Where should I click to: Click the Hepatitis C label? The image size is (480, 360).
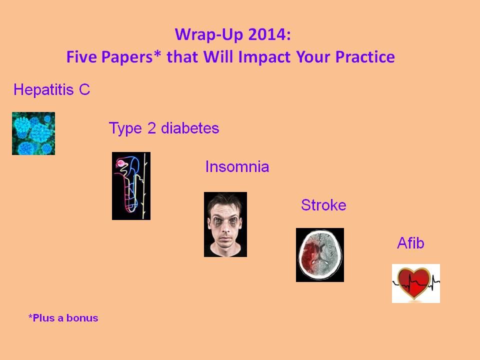pyautogui.click(x=51, y=90)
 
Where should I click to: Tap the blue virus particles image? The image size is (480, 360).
pyautogui.click(x=33, y=133)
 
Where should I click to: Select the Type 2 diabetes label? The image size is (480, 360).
pyautogui.click(x=164, y=128)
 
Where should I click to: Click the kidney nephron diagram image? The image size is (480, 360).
pyautogui.click(x=131, y=186)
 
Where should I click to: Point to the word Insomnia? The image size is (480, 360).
pyautogui.click(x=237, y=167)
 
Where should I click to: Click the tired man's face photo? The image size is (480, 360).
pyautogui.click(x=225, y=224)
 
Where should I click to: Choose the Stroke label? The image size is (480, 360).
pyautogui.click(x=323, y=205)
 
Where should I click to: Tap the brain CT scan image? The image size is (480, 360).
pyautogui.click(x=320, y=255)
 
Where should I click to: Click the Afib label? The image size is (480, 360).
pyautogui.click(x=410, y=243)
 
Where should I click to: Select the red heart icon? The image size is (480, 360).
pyautogui.click(x=416, y=283)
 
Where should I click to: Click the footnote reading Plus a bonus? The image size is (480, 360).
pyautogui.click(x=63, y=318)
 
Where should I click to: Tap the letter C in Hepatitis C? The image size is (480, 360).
pyautogui.click(x=84, y=90)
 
